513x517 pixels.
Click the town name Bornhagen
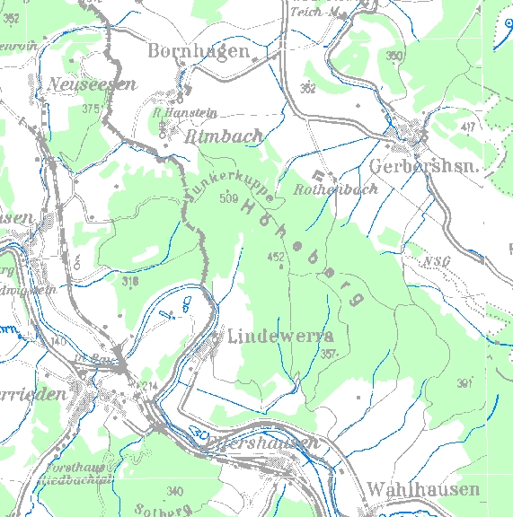(199, 51)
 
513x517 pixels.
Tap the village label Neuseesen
(94, 84)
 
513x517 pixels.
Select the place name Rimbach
(224, 136)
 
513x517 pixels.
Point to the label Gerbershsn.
(420, 167)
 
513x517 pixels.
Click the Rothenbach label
(335, 189)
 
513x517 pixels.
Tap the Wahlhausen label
(422, 489)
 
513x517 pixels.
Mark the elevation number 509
(228, 198)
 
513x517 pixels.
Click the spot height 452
(276, 257)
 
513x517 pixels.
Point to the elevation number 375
(89, 109)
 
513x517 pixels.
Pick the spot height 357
(329, 355)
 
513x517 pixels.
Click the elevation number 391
(464, 383)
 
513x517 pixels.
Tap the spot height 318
(130, 281)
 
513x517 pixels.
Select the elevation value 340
(174, 491)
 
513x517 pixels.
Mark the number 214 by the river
(149, 385)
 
